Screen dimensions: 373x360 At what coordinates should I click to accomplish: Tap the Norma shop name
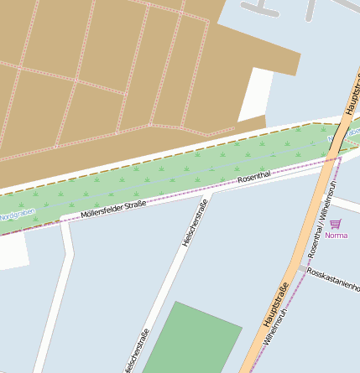pyautogui.click(x=336, y=236)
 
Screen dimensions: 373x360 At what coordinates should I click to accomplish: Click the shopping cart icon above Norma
pyautogui.click(x=336, y=224)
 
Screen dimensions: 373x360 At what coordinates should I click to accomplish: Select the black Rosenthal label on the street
pyautogui.click(x=254, y=176)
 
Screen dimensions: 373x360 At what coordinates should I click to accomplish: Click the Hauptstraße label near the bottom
pyautogui.click(x=275, y=304)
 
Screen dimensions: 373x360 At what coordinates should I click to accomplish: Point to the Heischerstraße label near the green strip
pyautogui.click(x=194, y=223)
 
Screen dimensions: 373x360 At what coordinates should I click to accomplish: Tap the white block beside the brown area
pyautogui.click(x=257, y=94)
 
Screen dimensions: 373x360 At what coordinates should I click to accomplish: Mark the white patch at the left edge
pyautogui.click(x=12, y=251)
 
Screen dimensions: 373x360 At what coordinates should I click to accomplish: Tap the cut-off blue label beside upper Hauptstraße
pyautogui.click(x=354, y=132)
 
